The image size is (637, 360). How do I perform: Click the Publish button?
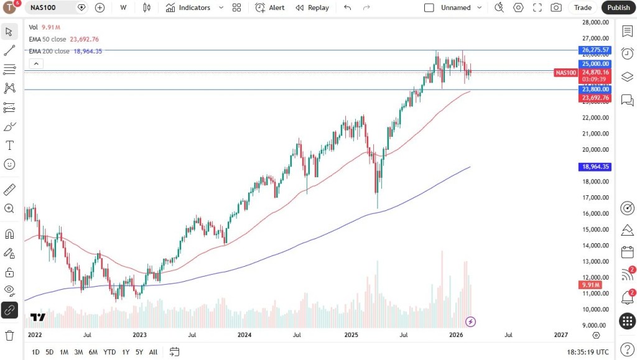(x=618, y=7)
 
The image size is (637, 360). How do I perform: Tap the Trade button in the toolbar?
(x=583, y=7)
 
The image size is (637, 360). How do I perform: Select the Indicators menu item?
(x=188, y=7)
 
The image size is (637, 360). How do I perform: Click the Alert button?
(x=270, y=7)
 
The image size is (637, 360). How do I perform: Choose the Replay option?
(x=312, y=7)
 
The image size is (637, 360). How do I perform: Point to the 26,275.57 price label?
(x=595, y=50)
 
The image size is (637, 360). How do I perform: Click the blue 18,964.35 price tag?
(x=595, y=167)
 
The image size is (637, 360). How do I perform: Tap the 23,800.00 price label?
(x=595, y=90)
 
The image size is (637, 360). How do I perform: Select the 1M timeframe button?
(x=64, y=352)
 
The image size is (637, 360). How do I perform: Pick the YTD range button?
(x=109, y=352)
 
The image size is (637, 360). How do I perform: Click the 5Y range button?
(x=139, y=352)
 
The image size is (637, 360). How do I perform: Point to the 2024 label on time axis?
(x=244, y=335)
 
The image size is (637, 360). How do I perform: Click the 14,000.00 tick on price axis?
(x=595, y=246)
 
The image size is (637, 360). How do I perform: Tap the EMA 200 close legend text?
(x=49, y=51)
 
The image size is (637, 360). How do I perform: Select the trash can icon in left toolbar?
(x=9, y=335)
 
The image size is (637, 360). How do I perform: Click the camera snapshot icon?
(x=556, y=7)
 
